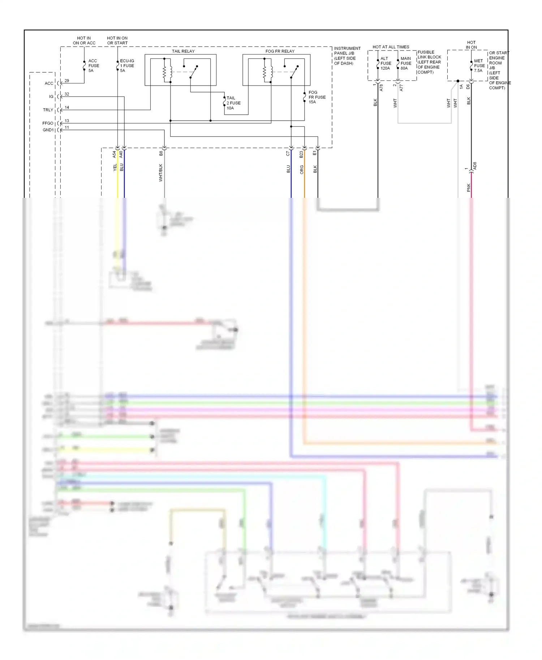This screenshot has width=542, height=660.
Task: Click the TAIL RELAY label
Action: [x=183, y=51]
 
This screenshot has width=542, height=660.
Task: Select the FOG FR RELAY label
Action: [x=280, y=51]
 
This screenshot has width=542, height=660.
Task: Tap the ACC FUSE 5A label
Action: [x=93, y=66]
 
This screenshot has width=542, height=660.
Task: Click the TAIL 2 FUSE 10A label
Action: [x=233, y=103]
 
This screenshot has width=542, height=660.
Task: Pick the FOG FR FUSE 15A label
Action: [x=317, y=97]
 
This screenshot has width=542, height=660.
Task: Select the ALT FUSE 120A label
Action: [x=386, y=63]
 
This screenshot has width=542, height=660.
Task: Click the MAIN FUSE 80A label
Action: [x=406, y=63]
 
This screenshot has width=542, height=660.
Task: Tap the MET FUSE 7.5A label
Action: [x=479, y=66]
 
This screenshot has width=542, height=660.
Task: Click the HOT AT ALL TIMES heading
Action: [x=391, y=47]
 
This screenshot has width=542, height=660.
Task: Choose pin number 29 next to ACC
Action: [x=67, y=81]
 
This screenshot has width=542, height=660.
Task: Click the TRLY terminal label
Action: [x=48, y=110]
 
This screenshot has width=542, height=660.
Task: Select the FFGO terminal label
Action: [x=48, y=123]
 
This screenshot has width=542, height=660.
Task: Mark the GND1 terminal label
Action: [x=48, y=130]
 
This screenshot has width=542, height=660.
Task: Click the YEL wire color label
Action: [x=115, y=167]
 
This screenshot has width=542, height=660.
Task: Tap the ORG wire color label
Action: [x=302, y=170]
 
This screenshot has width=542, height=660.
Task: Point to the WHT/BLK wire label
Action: [x=161, y=173]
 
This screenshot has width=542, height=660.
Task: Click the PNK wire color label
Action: [x=468, y=187]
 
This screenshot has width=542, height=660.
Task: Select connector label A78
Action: [x=381, y=87]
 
